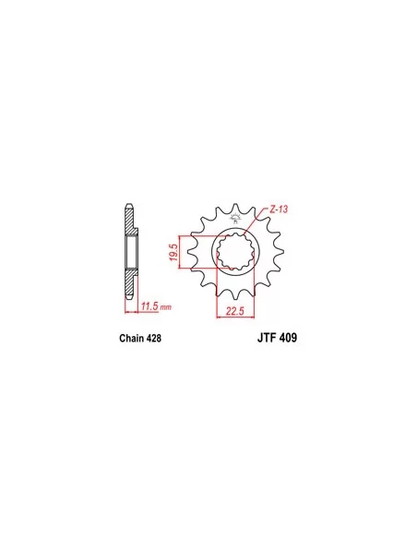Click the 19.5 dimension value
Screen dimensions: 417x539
174,252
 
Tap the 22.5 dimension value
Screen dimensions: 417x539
235,311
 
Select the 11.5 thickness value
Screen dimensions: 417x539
150,305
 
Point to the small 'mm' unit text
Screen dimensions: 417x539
166,307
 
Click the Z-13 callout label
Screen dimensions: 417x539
279,210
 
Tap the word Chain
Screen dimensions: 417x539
132,338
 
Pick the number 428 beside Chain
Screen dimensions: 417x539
153,338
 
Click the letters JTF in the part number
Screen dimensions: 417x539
267,338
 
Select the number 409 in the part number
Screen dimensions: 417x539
288,338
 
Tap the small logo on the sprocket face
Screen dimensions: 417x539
235,219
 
